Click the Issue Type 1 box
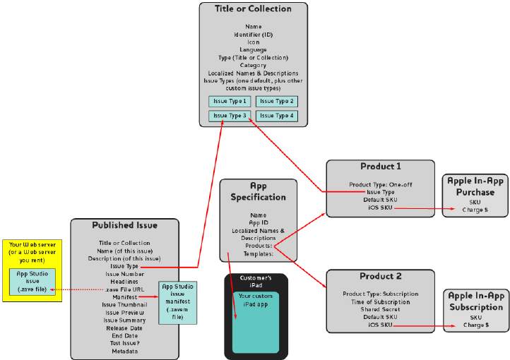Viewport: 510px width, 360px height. [x=230, y=102]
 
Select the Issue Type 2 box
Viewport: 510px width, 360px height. [x=277, y=102]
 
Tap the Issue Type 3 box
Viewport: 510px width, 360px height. [x=230, y=116]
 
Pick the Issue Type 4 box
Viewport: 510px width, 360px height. [x=277, y=116]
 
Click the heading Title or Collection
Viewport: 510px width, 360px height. [x=253, y=9]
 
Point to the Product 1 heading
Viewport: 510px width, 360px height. [x=380, y=167]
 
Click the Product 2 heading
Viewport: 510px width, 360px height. [x=380, y=276]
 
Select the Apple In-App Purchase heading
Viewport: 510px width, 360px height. [x=475, y=186]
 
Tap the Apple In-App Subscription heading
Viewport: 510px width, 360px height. [x=475, y=301]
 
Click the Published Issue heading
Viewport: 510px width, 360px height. [x=124, y=225]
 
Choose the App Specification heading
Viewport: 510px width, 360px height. [x=259, y=191]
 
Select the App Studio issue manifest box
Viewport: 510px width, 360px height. [x=177, y=302]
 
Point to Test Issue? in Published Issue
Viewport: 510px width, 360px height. [x=124, y=343]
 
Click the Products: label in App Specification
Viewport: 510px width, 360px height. [x=259, y=246]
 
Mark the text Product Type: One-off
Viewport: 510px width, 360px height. [x=380, y=184]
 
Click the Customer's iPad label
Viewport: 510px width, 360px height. [x=256, y=281]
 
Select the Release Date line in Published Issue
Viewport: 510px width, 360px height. [x=124, y=328]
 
